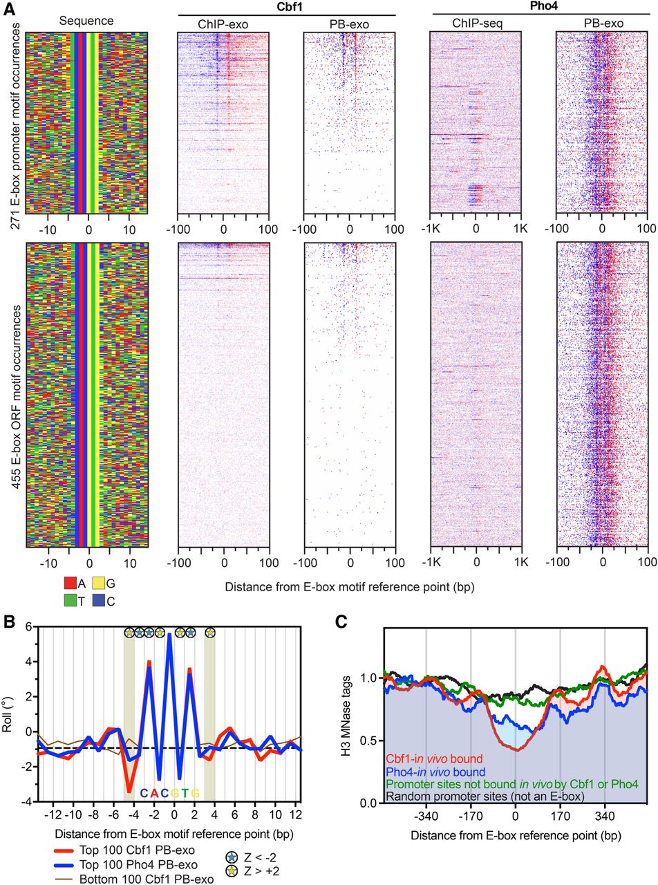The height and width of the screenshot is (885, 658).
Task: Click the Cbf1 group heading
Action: click(287, 7)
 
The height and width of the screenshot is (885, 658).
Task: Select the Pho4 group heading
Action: click(540, 7)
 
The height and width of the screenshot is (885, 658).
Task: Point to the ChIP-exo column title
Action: click(223, 24)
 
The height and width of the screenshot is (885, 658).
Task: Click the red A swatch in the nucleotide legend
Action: click(70, 584)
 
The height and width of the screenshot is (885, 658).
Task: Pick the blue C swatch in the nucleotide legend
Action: click(98, 601)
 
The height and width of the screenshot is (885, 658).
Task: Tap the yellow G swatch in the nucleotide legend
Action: click(98, 584)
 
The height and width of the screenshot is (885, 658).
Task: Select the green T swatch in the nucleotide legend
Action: click(70, 601)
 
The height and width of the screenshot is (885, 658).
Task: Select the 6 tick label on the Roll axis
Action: click(28, 626)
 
